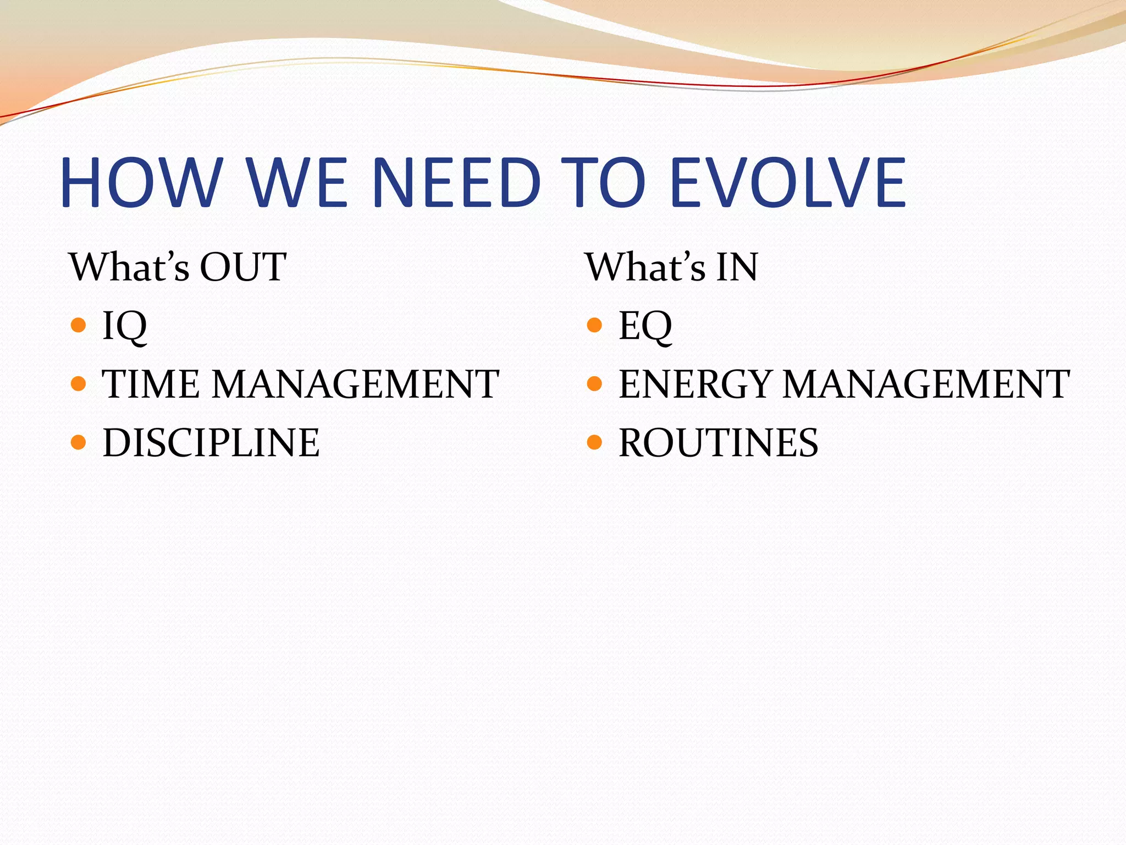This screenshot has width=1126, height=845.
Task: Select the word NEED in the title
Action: click(x=456, y=183)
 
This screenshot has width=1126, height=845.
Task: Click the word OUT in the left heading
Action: click(x=242, y=267)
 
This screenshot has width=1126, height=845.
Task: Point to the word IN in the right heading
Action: click(x=737, y=267)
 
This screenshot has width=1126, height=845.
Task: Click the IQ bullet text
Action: click(x=125, y=326)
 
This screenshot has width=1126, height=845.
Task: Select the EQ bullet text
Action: click(x=645, y=326)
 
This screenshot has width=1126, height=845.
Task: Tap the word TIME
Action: click(x=151, y=384)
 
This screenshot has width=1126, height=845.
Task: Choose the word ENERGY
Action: click(x=695, y=384)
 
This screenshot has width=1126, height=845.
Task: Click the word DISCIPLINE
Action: click(x=211, y=443)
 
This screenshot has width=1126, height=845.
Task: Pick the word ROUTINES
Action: click(x=718, y=443)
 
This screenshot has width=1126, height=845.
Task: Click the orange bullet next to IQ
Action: click(x=79, y=325)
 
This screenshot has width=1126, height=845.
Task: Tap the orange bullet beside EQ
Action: click(x=594, y=325)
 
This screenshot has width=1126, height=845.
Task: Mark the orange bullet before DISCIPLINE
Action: click(x=79, y=442)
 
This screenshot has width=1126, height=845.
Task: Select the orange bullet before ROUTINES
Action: click(x=594, y=442)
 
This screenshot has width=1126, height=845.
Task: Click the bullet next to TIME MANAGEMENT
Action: click(x=79, y=383)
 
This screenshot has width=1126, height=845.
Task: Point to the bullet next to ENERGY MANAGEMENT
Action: click(x=594, y=383)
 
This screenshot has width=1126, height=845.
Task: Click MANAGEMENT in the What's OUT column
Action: click(x=356, y=384)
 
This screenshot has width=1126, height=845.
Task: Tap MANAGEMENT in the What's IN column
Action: click(x=926, y=384)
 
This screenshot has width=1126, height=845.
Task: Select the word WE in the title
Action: click(x=297, y=183)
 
